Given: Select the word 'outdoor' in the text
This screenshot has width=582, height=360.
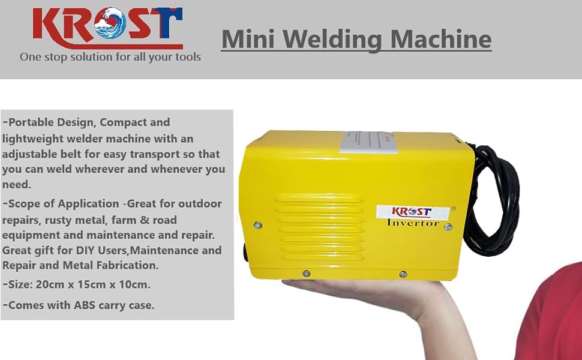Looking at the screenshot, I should [199, 203].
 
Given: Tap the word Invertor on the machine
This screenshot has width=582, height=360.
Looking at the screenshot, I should [413, 223].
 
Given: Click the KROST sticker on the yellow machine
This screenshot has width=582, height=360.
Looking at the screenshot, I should [412, 211].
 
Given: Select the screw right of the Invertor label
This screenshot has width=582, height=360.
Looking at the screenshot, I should [448, 227].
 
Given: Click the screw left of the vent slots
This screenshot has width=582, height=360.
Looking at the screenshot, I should [257, 225].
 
